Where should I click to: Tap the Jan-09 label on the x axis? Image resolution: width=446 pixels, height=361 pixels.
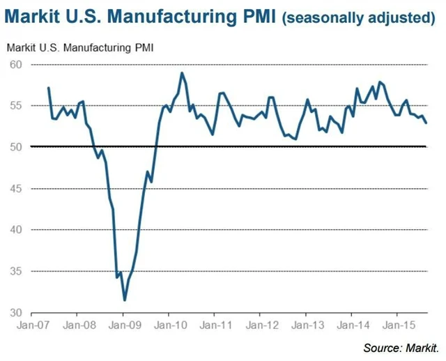[x=123, y=325]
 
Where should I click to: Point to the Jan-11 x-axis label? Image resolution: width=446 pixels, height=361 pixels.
[x=215, y=325]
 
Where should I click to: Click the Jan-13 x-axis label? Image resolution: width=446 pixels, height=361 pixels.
[x=306, y=325]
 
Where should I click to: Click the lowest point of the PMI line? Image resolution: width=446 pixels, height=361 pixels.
[x=125, y=300]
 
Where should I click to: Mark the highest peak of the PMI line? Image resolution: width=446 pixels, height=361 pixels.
[x=182, y=72]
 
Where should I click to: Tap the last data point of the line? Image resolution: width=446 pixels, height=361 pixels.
[x=426, y=123]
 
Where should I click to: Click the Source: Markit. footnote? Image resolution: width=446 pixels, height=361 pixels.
[x=402, y=347]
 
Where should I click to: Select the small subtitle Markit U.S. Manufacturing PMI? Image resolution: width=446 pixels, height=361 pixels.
[x=80, y=48]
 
